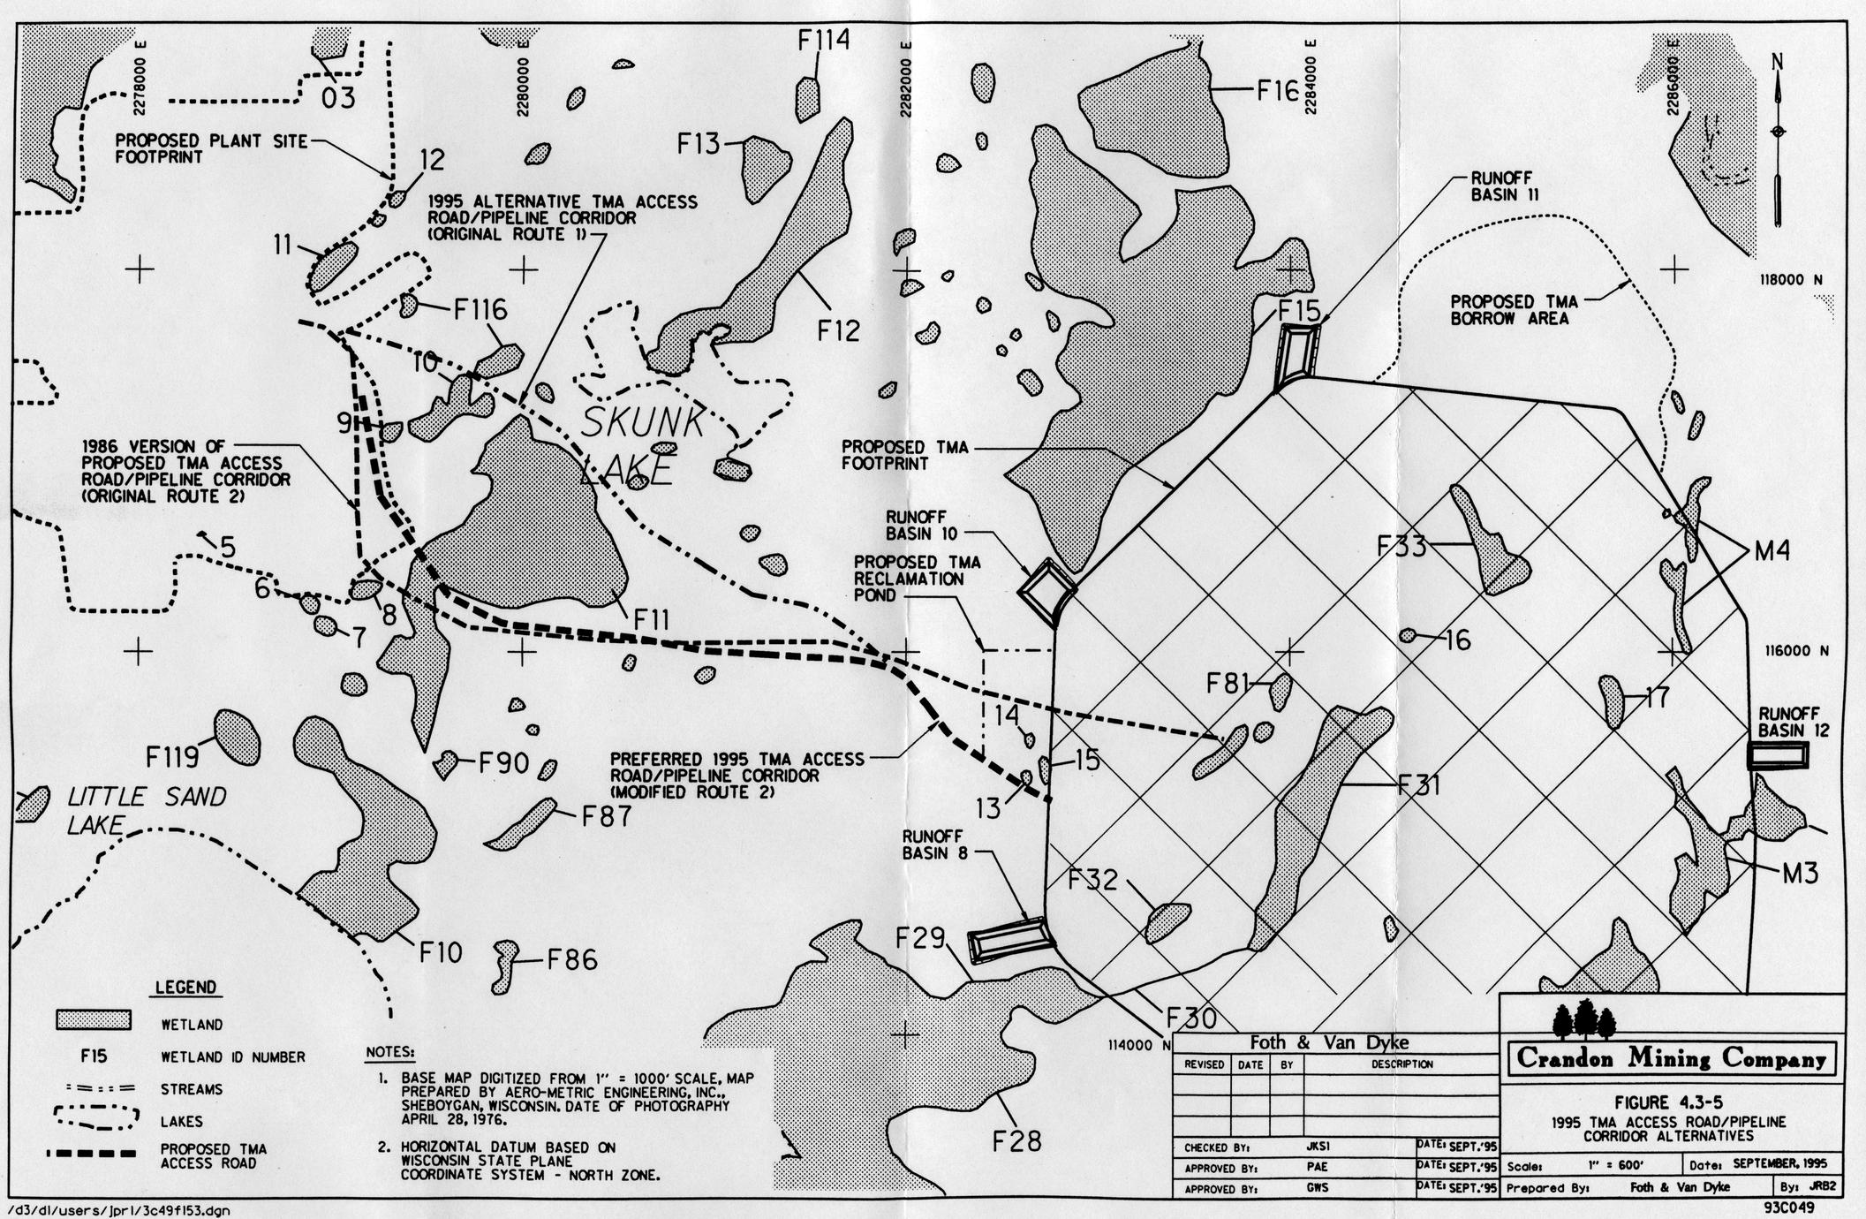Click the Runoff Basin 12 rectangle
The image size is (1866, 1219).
[x=1778, y=755]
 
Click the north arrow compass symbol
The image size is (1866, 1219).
[x=1778, y=141]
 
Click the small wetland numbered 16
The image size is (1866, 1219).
[x=1409, y=635]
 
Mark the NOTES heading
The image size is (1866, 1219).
[x=389, y=1053]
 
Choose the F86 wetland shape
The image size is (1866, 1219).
[x=506, y=965]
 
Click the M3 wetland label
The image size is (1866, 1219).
[x=1800, y=874]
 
